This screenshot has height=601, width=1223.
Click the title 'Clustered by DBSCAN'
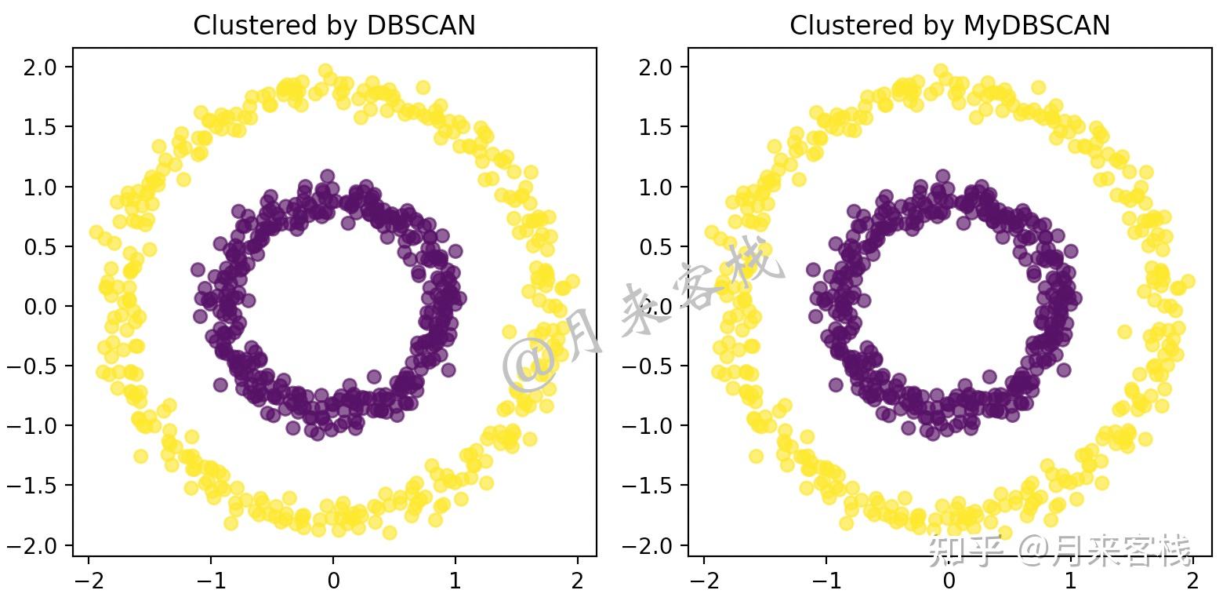(334, 26)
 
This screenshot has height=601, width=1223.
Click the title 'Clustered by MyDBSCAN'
(949, 26)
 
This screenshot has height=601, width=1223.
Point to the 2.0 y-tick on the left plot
(41, 67)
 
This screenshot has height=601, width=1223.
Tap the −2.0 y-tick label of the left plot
(36, 545)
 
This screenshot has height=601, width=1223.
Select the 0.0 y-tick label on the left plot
(41, 306)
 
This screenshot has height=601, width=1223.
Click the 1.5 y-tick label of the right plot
(656, 127)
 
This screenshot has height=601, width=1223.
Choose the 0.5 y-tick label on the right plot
(656, 246)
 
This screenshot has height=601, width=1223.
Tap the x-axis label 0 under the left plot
(333, 581)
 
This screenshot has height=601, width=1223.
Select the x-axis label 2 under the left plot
(578, 581)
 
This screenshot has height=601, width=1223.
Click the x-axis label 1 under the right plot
(1071, 581)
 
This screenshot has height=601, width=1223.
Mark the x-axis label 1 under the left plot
(455, 581)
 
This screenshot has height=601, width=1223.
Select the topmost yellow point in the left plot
(325, 71)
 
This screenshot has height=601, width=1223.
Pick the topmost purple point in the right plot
(942, 177)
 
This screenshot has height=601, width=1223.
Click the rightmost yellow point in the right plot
(1187, 282)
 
